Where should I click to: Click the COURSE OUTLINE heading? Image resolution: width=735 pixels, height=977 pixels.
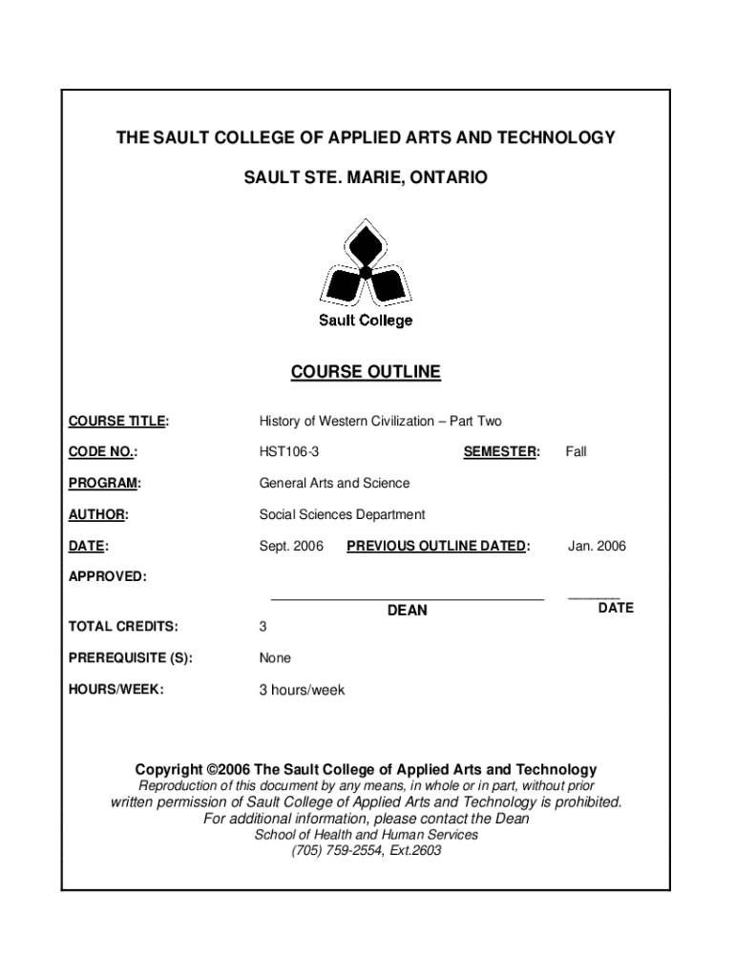[x=366, y=372]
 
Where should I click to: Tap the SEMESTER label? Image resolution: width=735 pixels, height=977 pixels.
[x=500, y=451]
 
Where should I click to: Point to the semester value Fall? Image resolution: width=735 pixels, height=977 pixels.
[x=576, y=451]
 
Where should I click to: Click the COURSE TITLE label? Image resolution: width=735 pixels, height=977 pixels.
[x=118, y=421]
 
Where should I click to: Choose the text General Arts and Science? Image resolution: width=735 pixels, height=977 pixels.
[x=334, y=483]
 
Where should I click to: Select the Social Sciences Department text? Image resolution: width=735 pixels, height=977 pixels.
[x=342, y=514]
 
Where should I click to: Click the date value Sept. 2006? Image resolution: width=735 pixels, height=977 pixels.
[x=291, y=546]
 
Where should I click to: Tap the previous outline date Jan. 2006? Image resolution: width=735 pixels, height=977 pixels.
[x=597, y=546]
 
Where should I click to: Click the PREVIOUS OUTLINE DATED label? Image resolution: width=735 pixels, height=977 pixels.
[x=437, y=546]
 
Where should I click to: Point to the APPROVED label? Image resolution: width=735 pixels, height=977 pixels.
[x=108, y=576]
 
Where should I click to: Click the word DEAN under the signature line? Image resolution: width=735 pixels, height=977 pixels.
[x=408, y=611]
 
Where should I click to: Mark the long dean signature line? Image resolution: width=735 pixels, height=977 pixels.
[x=408, y=598]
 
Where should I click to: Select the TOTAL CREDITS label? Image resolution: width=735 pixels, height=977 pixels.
[x=123, y=627]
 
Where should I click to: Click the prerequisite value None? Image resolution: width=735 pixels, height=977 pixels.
[x=275, y=658]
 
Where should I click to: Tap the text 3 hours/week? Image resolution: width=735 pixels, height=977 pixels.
[x=302, y=690]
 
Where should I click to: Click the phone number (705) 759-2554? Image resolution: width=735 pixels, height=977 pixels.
[x=337, y=850]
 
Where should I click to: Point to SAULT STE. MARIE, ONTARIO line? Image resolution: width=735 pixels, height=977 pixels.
[x=366, y=177]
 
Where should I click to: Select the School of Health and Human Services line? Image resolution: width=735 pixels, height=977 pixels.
[x=366, y=835]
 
